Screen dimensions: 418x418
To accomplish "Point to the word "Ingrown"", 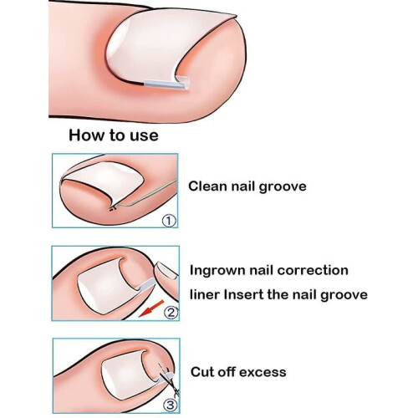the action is click(217, 271).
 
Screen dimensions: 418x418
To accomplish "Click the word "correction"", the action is click(313, 270).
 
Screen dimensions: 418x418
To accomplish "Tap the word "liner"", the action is click(205, 294).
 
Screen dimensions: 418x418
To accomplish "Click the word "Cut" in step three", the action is click(201, 372).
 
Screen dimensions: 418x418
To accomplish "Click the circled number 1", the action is click(169, 221).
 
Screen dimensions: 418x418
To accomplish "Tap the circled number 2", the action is click(171, 313).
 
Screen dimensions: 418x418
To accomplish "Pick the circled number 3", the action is click(171, 405).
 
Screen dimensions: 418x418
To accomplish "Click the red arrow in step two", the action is click(151, 308).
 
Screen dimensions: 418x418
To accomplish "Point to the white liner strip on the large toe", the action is click(166, 84).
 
